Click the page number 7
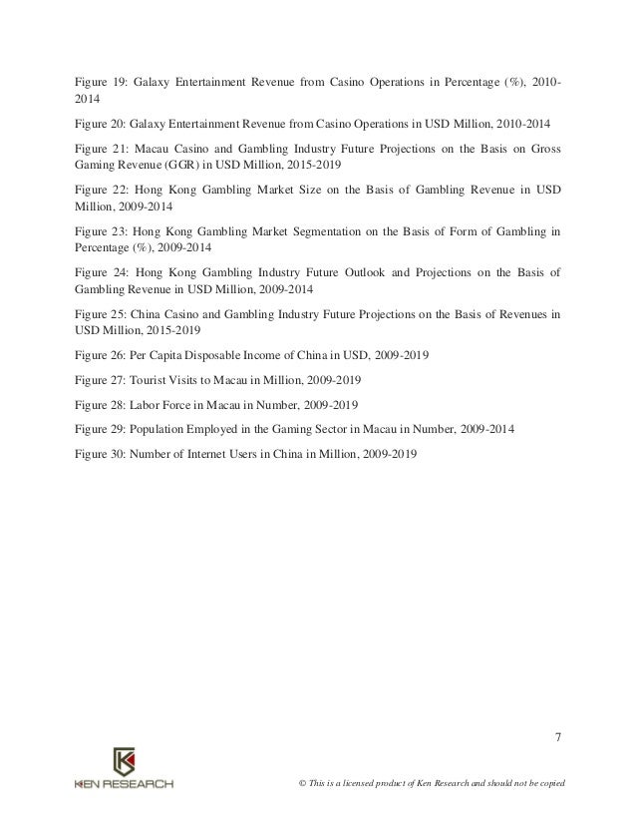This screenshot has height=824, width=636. [x=557, y=737]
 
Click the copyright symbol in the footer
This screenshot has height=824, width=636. [x=289, y=781]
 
